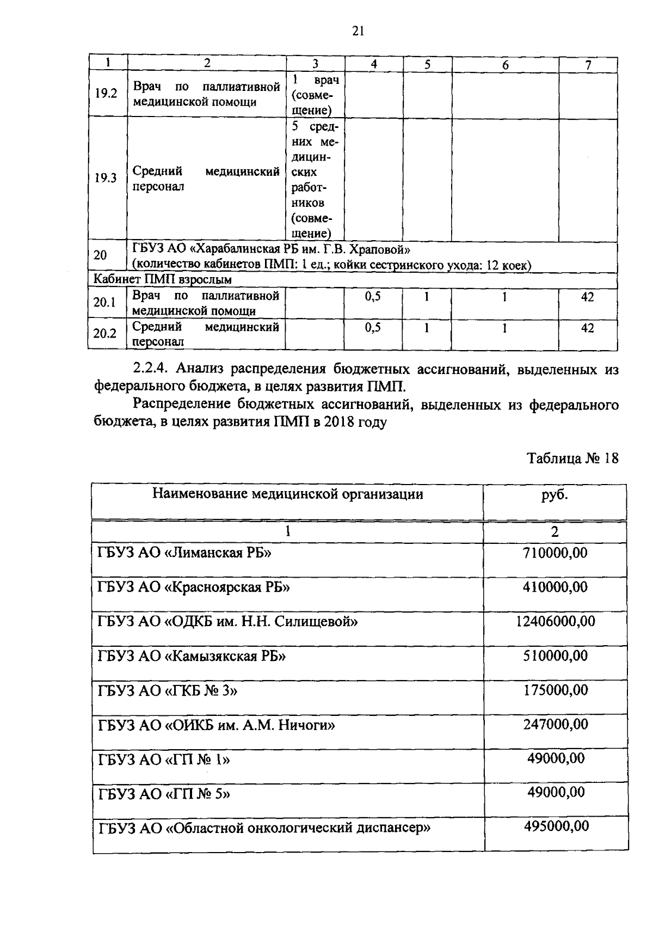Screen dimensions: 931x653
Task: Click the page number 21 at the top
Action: coord(358,31)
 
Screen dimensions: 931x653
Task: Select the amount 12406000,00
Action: coord(555,621)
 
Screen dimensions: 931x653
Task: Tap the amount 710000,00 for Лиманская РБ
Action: coord(555,553)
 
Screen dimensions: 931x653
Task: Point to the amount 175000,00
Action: coord(555,690)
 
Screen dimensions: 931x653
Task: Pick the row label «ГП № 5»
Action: coord(164,793)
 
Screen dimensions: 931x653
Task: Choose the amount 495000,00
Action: coord(556,826)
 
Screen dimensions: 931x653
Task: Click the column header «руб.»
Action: coord(555,495)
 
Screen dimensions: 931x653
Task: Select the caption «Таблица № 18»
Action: coord(573,458)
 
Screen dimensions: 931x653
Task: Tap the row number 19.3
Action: coord(106,178)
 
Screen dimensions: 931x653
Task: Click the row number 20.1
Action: coord(104,302)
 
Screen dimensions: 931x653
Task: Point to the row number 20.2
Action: coord(104,333)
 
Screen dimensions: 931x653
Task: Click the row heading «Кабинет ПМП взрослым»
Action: coord(163,280)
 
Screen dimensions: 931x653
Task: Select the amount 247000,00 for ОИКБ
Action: coord(555,724)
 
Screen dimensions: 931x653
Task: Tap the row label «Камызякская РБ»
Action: coord(192,656)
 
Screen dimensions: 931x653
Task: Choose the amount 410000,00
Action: coord(555,587)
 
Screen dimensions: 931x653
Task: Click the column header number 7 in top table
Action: coord(588,64)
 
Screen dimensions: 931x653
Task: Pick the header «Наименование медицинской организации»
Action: coord(287,494)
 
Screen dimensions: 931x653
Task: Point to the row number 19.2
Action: coord(106,93)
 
